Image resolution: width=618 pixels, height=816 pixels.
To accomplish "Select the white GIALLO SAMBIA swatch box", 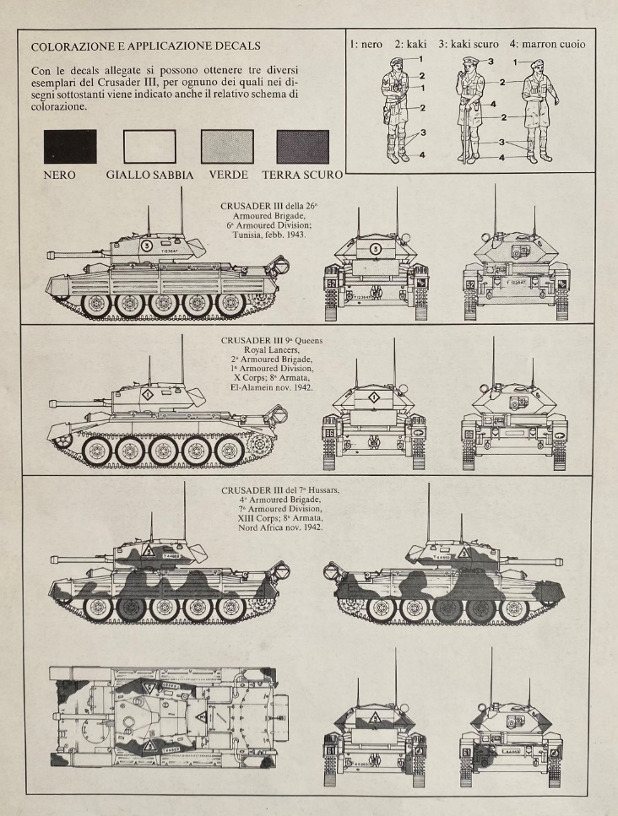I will [x=149, y=146].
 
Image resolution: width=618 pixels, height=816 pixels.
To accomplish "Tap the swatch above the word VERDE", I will [x=225, y=146].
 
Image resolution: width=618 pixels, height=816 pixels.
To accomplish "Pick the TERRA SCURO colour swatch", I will [x=301, y=146].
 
